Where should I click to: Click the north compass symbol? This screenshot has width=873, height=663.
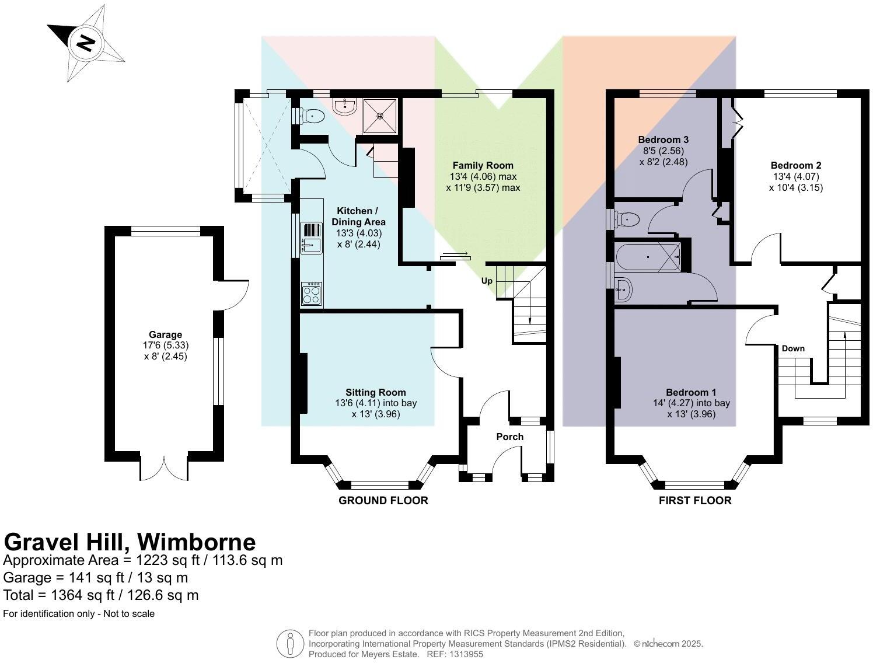click(86, 44)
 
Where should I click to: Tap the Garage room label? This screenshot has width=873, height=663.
click(165, 334)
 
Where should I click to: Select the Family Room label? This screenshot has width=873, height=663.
click(483, 165)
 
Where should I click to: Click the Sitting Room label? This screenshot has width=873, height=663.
click(375, 392)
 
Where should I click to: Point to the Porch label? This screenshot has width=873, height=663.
click(509, 437)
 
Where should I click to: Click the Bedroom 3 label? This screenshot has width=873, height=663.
click(663, 139)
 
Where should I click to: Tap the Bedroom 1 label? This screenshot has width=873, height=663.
click(691, 392)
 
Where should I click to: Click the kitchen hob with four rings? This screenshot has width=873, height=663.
click(311, 294)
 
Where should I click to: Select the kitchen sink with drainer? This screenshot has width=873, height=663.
click(311, 238)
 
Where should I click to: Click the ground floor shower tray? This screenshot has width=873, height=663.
click(380, 116)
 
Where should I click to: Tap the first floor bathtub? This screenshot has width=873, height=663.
click(648, 257)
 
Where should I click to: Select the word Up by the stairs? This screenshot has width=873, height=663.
click(487, 281)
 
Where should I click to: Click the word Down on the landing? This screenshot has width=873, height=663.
click(793, 348)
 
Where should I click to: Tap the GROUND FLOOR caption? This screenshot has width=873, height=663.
click(383, 500)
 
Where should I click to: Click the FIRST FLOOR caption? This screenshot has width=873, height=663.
click(694, 500)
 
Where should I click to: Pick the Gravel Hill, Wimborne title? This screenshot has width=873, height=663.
click(130, 542)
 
